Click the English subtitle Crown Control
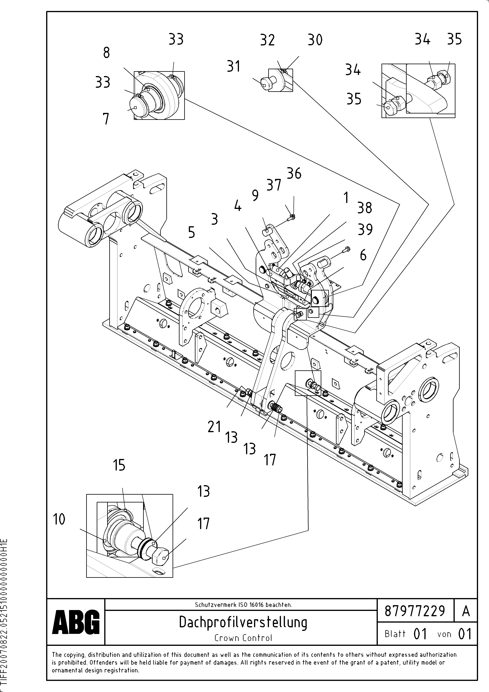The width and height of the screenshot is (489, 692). [243, 638]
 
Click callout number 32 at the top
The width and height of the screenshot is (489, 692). [267, 40]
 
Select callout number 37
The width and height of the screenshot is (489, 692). [274, 185]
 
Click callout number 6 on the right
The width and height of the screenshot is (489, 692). [363, 255]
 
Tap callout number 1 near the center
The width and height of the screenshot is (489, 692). [346, 198]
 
